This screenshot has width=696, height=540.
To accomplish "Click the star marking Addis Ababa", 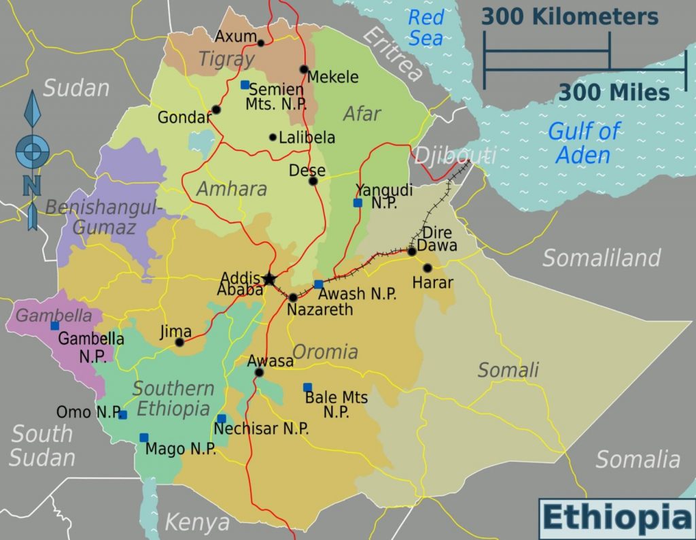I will tap(269, 279).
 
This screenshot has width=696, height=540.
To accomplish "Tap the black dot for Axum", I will tap(261, 43).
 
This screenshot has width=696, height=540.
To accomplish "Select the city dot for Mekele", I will tap(304, 69).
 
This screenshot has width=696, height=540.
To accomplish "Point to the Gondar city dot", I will tap(216, 109).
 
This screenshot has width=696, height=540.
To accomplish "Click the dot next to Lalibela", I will tap(273, 137).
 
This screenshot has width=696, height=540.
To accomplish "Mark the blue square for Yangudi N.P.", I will tap(358, 203).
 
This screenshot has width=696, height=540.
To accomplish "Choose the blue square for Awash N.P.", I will tap(318, 284).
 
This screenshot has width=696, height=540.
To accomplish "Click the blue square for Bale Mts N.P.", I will tap(307, 387).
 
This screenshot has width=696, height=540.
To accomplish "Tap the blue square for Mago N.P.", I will tap(143, 437).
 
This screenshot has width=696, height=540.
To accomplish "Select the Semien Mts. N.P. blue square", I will tap(245, 85).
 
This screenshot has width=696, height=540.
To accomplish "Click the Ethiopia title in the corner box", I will tap(616, 518).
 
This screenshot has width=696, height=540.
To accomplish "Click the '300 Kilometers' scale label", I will tap(570, 17).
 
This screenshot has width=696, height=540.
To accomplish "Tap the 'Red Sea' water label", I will tap(425, 27).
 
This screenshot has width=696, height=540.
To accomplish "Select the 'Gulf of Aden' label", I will tap(583, 143).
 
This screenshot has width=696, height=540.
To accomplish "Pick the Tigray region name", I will tap(226, 60).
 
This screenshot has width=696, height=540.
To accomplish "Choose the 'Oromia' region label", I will tap(325, 352).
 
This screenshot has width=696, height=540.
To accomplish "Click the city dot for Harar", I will tap(427, 268).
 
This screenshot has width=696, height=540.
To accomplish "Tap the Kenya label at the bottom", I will tap(197, 522).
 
